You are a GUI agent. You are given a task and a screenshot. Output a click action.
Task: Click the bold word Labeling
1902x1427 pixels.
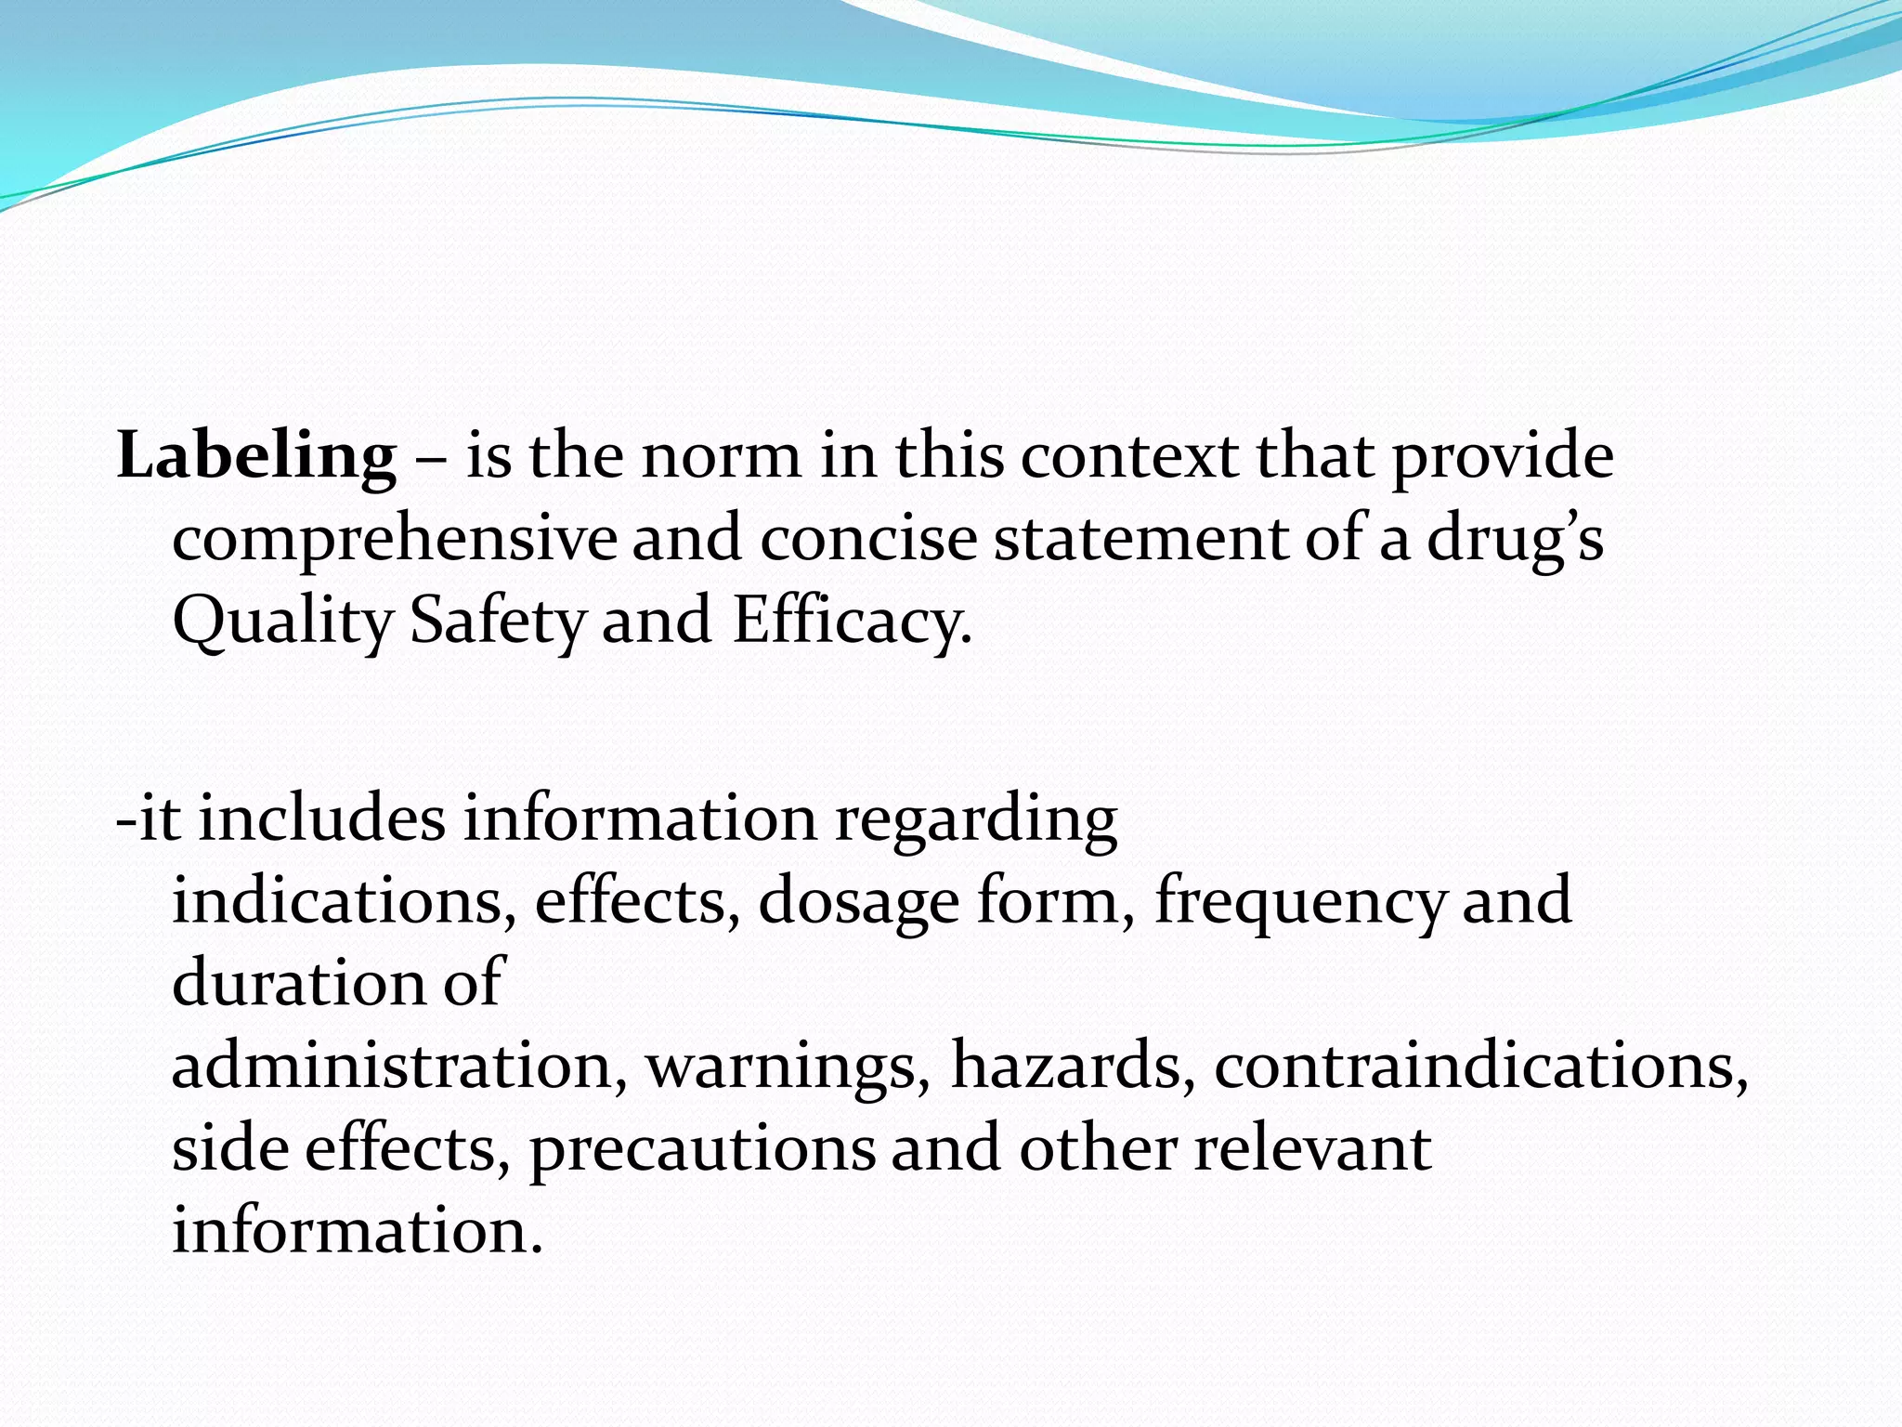click(x=256, y=457)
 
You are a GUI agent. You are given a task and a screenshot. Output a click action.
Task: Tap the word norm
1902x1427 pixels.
click(x=721, y=457)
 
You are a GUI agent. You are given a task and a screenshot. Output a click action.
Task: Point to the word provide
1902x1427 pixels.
click(x=1502, y=457)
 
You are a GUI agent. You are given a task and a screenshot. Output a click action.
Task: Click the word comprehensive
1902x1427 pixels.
click(x=395, y=540)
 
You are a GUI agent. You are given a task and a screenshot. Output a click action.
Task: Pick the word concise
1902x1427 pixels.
click(x=868, y=538)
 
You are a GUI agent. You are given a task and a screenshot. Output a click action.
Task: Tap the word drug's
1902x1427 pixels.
click(x=1515, y=540)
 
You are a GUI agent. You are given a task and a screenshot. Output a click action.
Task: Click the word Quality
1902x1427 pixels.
click(x=283, y=622)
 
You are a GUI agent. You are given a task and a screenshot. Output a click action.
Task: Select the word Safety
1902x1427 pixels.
click(x=499, y=622)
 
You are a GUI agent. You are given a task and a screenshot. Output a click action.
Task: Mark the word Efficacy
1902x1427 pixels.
click(x=852, y=622)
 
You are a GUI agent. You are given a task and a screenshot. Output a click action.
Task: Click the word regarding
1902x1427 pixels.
click(x=976, y=820)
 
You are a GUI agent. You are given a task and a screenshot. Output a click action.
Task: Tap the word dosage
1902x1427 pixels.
click(x=858, y=902)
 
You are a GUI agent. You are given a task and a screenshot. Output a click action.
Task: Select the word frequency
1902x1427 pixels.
click(x=1300, y=902)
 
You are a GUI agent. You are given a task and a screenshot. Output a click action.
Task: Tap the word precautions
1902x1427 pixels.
click(x=702, y=1149)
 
